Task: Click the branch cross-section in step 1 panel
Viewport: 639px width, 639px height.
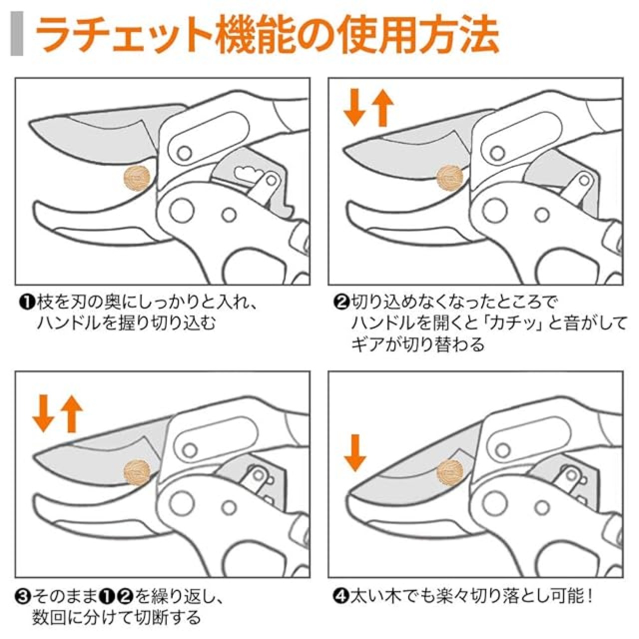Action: click(x=137, y=178)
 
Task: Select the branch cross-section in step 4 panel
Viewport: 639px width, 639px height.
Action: click(x=450, y=471)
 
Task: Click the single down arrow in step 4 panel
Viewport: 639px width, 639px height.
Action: click(x=355, y=452)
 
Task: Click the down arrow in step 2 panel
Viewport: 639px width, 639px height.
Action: click(x=355, y=107)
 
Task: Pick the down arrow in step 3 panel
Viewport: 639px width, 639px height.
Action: click(x=42, y=414)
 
